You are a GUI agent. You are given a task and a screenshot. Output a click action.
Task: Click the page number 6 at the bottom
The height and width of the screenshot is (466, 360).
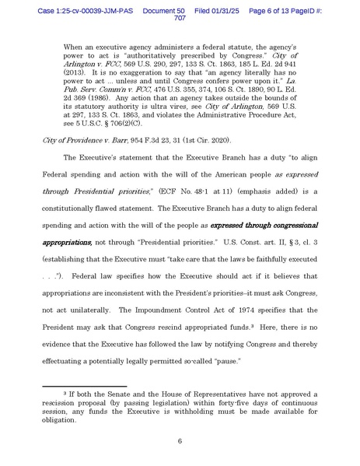(180, 441)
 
